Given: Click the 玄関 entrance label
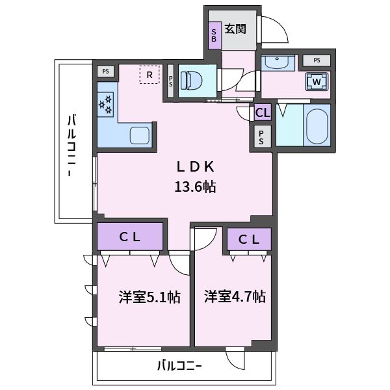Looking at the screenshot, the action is point(235,29).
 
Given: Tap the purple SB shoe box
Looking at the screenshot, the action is point(214,35).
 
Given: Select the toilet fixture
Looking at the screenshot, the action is point(192,80).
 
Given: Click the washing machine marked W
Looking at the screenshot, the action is point(317,81).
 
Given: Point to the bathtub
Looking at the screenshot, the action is point(317,127).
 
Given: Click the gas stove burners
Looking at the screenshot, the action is point(105,105).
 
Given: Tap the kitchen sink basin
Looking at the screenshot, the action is point(140,136).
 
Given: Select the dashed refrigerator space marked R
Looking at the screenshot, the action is point(149,75).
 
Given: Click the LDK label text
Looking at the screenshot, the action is point(195,166).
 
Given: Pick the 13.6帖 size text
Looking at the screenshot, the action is point(195,187).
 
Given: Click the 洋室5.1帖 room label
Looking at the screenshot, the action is point(149,297).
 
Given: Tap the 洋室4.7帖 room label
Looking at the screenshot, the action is point(235,296).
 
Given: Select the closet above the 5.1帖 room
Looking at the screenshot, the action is point(130,237).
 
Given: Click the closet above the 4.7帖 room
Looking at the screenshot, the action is point(249,239).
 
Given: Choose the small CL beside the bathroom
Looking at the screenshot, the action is point(263,112).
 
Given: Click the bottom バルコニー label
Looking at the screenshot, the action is point(179,366).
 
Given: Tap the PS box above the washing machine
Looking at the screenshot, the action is point(317,60).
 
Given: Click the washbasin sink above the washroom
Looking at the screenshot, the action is point(278,62).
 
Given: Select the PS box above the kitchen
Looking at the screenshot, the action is point(106,71).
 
